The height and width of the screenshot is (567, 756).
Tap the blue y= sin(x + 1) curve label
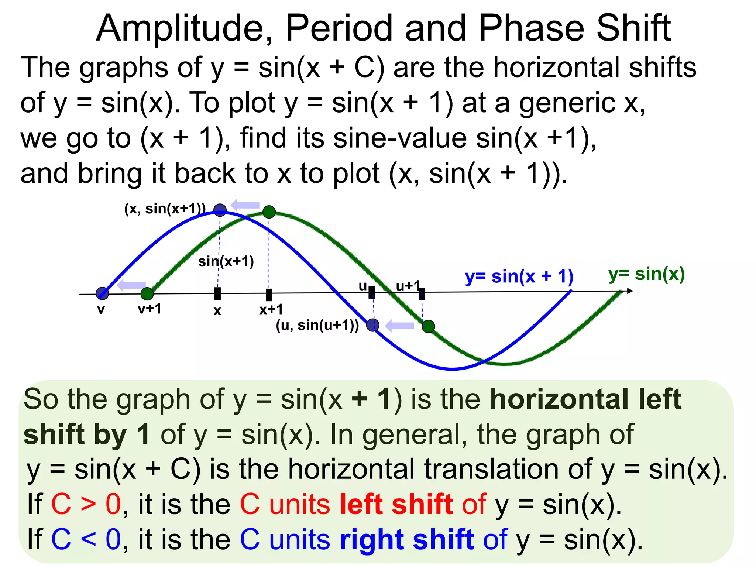coord(519,276)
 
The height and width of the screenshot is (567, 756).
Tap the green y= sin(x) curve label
coord(646,274)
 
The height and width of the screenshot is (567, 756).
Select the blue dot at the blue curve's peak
coord(220,210)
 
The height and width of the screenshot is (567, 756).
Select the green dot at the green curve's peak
coord(269,212)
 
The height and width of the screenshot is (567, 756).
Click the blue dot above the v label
coord(102,293)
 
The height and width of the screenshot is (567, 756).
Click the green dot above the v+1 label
coord(147,294)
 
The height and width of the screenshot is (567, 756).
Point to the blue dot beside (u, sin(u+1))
coord(372,325)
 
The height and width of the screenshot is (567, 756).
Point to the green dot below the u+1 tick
coord(428,326)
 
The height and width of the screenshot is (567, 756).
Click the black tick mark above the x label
coord(218,294)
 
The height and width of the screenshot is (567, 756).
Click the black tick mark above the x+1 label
coord(269,295)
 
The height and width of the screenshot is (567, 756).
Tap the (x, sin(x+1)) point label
coord(165,209)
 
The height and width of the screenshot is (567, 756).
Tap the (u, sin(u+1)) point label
coord(317,325)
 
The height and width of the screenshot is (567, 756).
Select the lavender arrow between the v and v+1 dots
coord(131,285)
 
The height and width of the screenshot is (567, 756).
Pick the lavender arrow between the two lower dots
coord(399,326)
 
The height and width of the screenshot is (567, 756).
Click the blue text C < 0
coord(86,539)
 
